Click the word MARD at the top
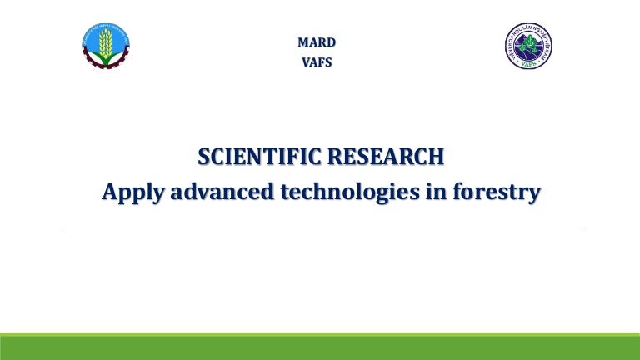(317, 42)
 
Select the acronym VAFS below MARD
(317, 62)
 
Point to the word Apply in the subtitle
(131, 192)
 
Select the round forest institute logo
(528, 46)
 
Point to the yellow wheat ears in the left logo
(106, 42)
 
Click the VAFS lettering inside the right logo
(528, 62)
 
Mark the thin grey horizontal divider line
(322, 227)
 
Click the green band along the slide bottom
(320, 347)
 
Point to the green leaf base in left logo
(106, 57)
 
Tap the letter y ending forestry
(534, 193)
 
